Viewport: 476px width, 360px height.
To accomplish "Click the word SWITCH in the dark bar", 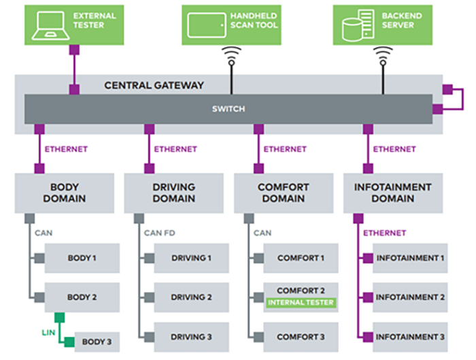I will pos(228,109).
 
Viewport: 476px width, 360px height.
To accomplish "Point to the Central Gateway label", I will pos(154,86).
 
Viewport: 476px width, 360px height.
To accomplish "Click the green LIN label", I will pos(47,331).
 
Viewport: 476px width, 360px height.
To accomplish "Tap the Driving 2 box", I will pos(191,297).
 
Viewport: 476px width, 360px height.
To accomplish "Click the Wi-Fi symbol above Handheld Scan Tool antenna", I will pos(232,54).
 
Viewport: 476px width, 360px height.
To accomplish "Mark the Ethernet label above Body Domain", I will pos(65,149).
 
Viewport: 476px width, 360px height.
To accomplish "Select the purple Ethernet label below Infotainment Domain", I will pos(384,233).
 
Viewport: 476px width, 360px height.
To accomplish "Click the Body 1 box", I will pos(82,258).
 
